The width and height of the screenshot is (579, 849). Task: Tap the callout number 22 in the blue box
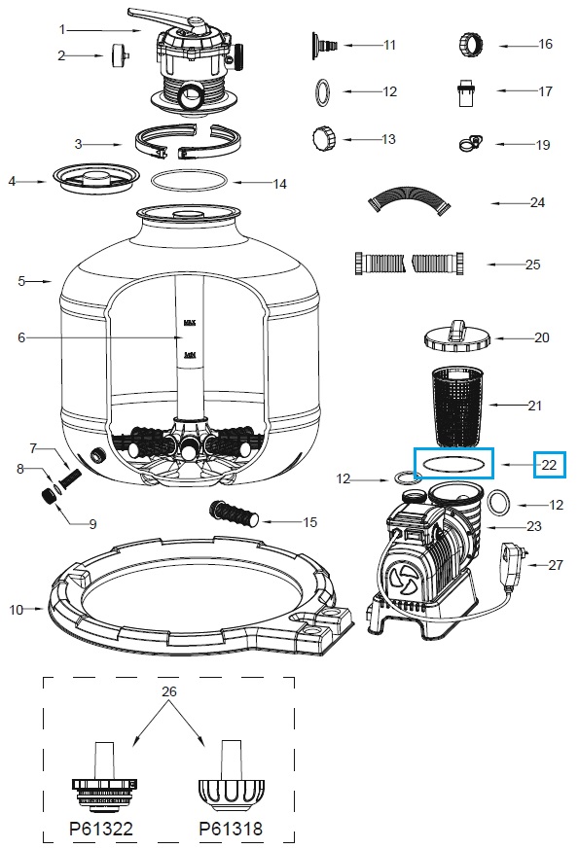click(x=550, y=465)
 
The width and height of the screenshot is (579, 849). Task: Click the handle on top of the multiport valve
click(x=165, y=17)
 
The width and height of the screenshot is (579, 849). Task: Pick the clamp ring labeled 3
click(x=182, y=144)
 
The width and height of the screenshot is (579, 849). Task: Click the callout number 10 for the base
click(x=17, y=610)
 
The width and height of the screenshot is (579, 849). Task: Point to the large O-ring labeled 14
click(x=192, y=181)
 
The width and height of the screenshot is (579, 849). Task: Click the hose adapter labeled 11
click(x=326, y=44)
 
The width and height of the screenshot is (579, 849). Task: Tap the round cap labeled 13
click(x=323, y=139)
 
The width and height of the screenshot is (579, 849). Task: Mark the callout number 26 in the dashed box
click(x=170, y=692)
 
